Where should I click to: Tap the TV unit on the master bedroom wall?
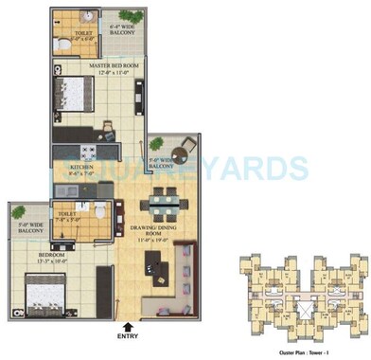tap(140, 94)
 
